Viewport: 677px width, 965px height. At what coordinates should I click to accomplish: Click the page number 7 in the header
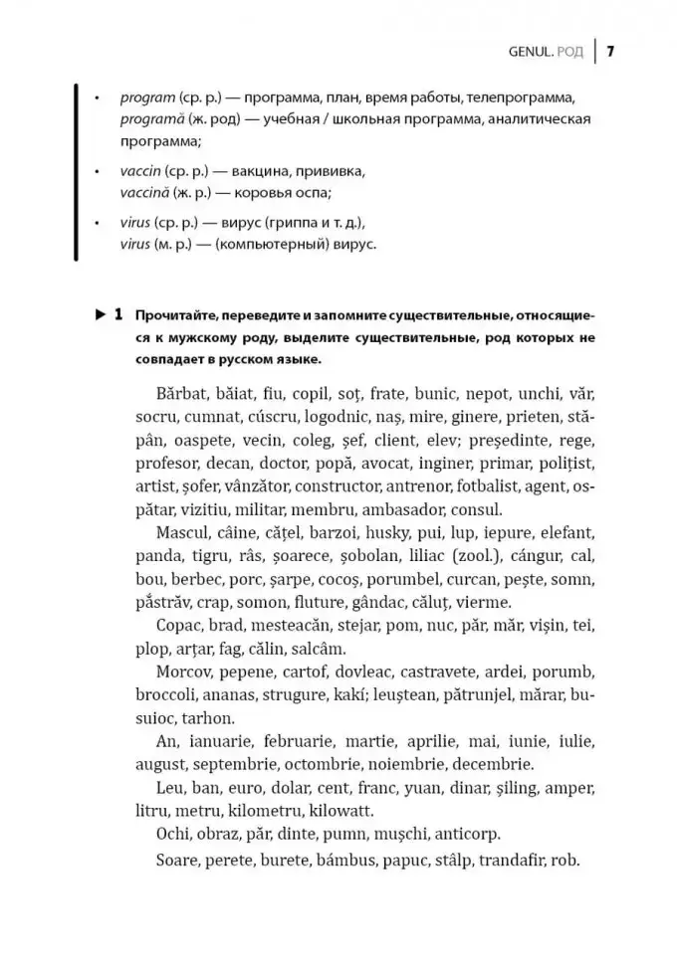pos(609,51)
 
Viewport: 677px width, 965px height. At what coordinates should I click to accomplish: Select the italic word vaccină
pos(146,192)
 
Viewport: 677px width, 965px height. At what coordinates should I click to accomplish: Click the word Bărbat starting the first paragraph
pos(183,394)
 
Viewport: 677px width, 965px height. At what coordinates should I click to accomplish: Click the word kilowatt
pos(344,810)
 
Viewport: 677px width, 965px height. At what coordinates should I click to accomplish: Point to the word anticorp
pos(464,834)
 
